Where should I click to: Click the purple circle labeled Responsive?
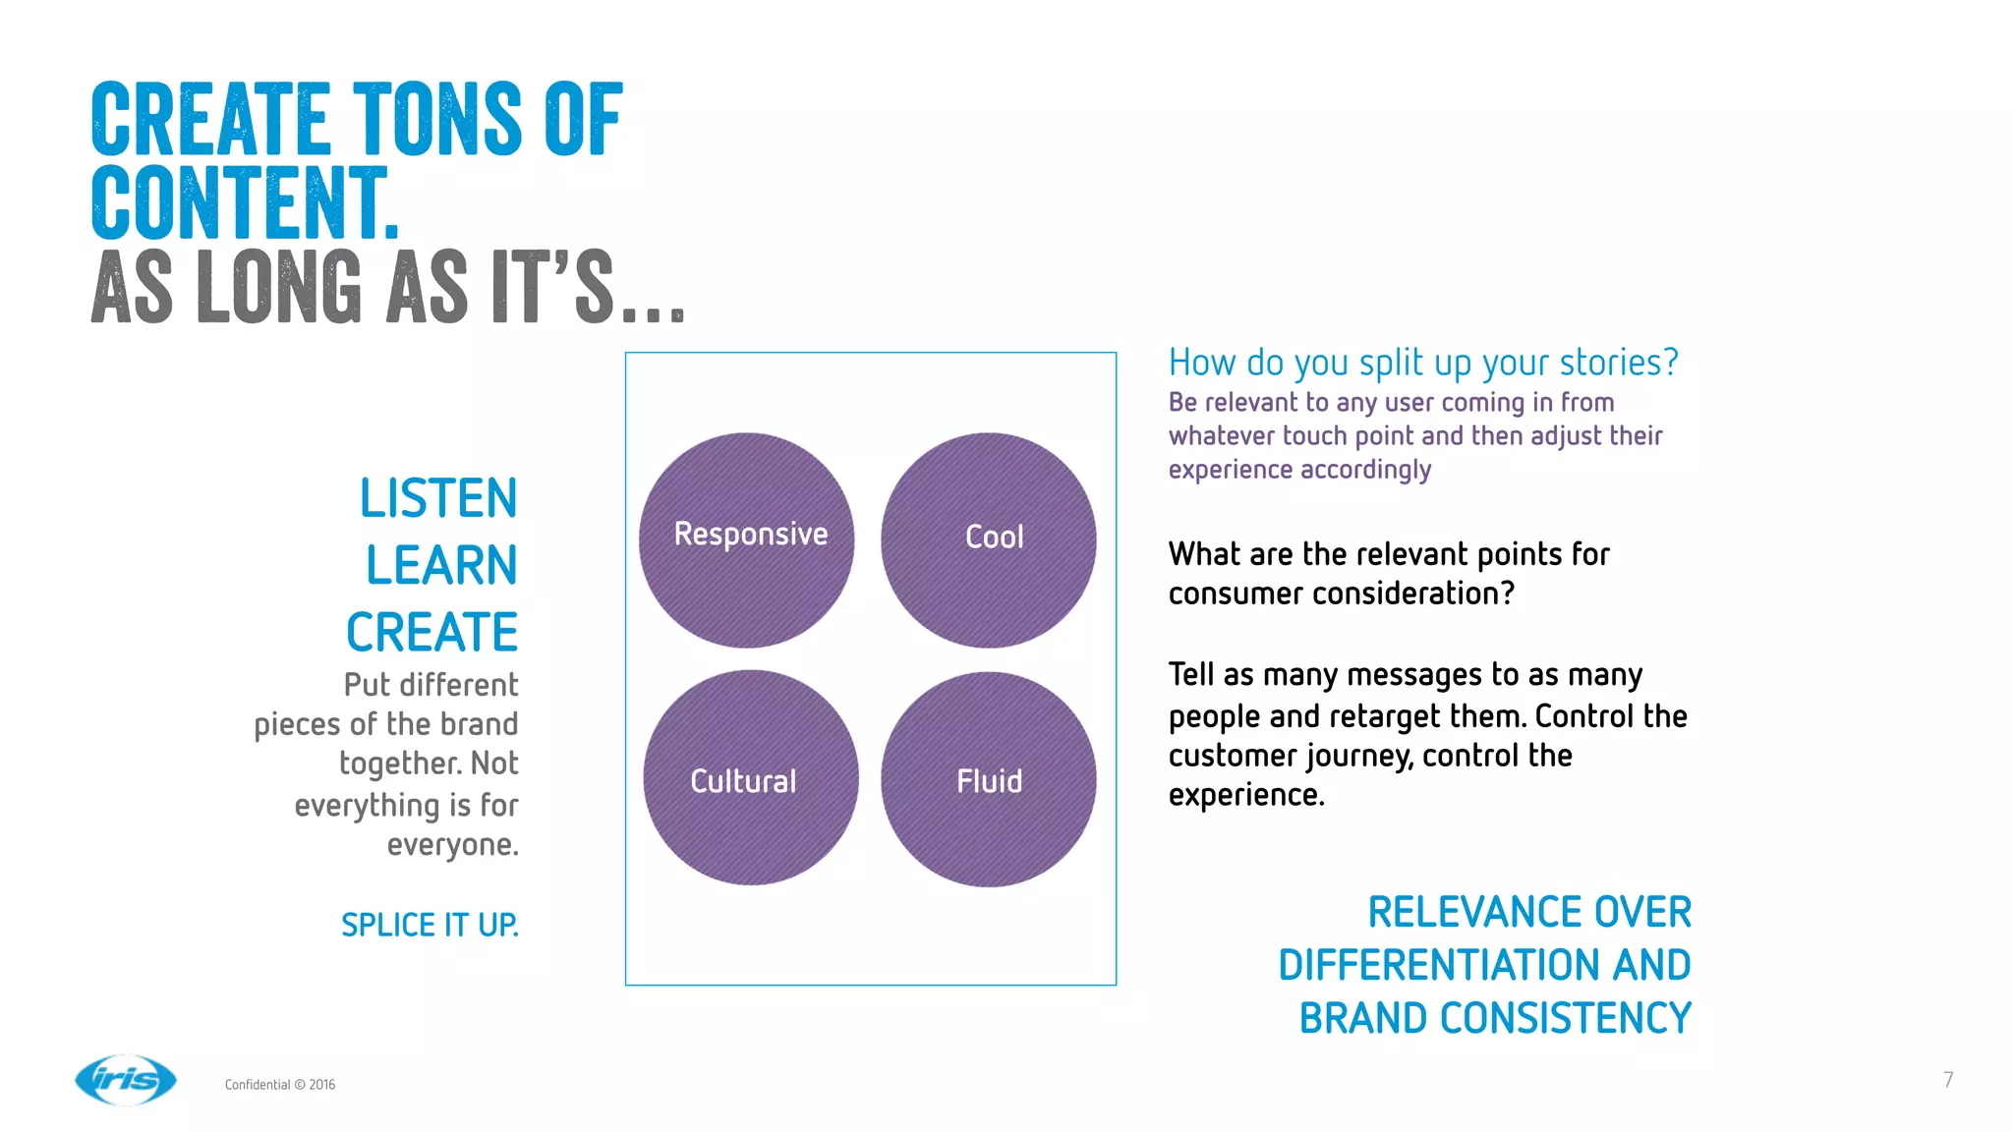(x=747, y=540)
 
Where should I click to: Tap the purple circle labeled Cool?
(x=989, y=540)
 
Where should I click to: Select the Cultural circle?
(x=750, y=778)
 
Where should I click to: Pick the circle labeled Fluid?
(x=989, y=779)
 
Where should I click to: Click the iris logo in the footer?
(x=126, y=1080)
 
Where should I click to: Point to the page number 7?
(x=1948, y=1080)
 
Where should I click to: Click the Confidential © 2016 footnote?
(x=280, y=1085)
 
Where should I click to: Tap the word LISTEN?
(x=438, y=498)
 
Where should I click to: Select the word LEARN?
(x=441, y=565)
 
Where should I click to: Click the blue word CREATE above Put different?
(x=431, y=632)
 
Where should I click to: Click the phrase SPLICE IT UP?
(x=430, y=925)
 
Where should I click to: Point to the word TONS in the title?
(x=437, y=120)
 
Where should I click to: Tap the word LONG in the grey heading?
(x=279, y=288)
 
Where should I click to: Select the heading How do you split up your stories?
(x=1422, y=363)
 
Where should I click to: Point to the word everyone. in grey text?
(x=452, y=844)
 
